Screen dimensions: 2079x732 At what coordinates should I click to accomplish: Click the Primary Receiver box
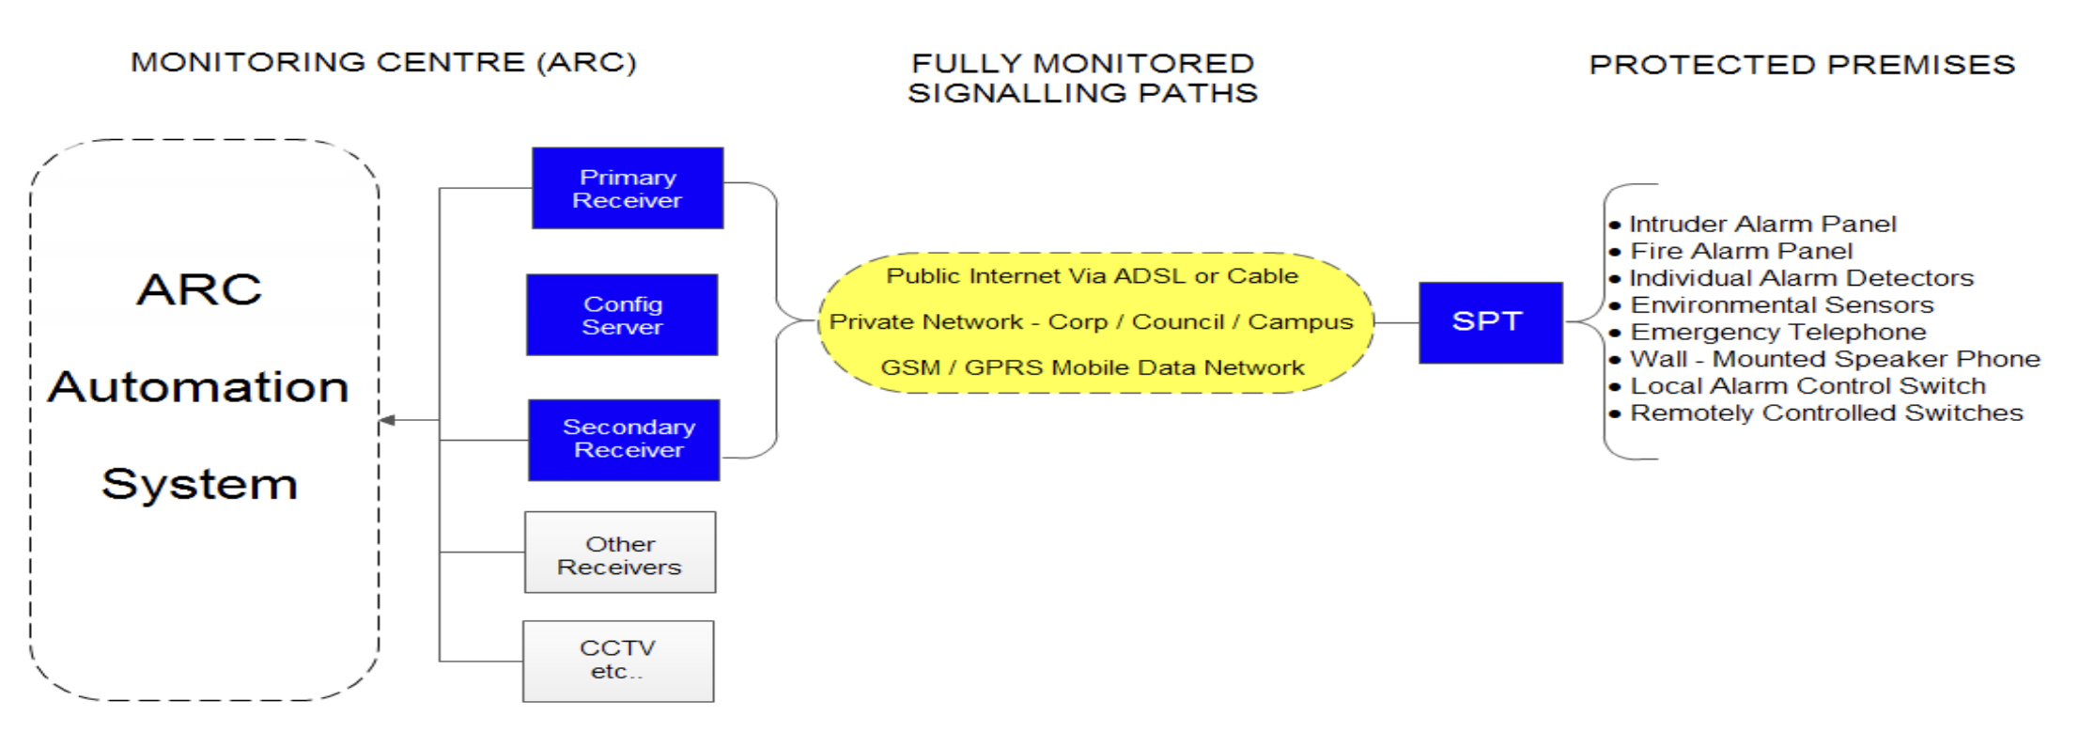tap(628, 188)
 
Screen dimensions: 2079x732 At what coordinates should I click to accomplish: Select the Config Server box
tap(622, 315)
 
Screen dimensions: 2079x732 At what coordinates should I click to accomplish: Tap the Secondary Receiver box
tap(624, 440)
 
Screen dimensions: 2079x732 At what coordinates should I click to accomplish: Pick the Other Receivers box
tap(620, 553)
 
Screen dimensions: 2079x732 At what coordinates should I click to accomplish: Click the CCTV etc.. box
tap(618, 661)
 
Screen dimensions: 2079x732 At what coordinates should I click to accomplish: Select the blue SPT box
tap(1491, 322)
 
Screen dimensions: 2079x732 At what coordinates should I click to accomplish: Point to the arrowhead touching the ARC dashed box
tap(387, 420)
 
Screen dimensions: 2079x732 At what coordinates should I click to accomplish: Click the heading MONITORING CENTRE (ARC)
tap(383, 62)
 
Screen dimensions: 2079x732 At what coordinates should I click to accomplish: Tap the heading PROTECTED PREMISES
tap(1802, 64)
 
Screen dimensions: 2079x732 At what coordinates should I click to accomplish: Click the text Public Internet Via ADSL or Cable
tap(1092, 275)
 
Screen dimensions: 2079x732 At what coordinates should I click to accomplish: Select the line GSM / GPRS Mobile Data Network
tap(1092, 367)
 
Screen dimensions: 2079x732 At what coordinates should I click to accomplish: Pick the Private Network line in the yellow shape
tap(1091, 321)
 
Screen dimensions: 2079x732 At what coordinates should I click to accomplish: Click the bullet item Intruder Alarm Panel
tap(1753, 224)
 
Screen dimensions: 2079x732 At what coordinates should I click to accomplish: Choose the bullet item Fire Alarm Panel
tap(1730, 251)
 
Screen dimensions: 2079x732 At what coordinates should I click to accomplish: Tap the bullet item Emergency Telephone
tap(1768, 332)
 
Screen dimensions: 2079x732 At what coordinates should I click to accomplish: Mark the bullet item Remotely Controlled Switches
tap(1816, 413)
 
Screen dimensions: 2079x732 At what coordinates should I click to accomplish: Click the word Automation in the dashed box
tap(198, 386)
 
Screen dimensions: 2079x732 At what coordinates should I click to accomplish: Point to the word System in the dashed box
tap(199, 484)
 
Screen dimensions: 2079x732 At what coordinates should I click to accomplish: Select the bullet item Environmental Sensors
tap(1772, 304)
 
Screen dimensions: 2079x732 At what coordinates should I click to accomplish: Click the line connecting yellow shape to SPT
tap(1396, 322)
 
